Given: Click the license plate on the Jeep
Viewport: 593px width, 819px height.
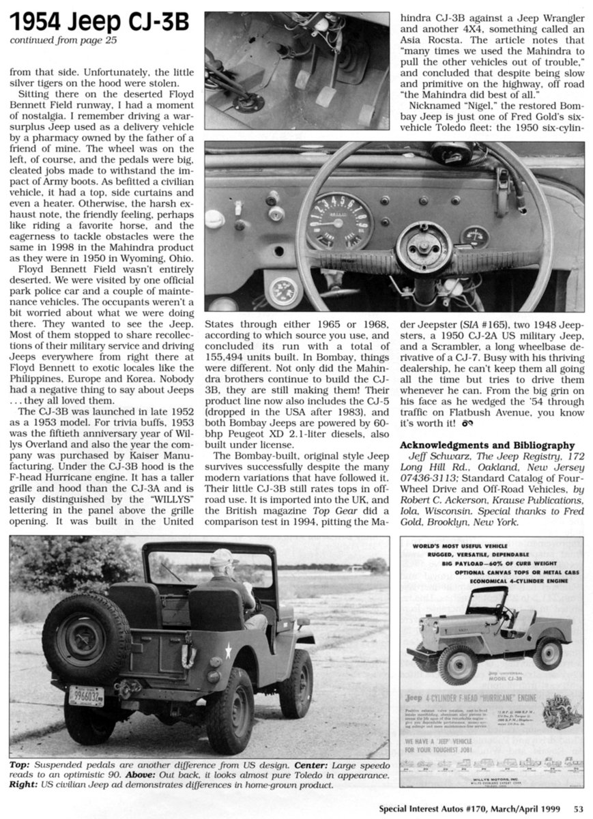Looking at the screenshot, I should [x=86, y=695].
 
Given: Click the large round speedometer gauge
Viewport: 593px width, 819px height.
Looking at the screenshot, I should [x=338, y=220].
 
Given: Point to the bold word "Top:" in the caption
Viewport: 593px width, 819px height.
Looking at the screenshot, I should [x=19, y=765].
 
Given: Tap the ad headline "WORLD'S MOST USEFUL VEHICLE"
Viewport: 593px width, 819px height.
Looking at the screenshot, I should [x=467, y=547].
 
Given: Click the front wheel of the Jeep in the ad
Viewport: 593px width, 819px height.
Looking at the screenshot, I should [x=454, y=664].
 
